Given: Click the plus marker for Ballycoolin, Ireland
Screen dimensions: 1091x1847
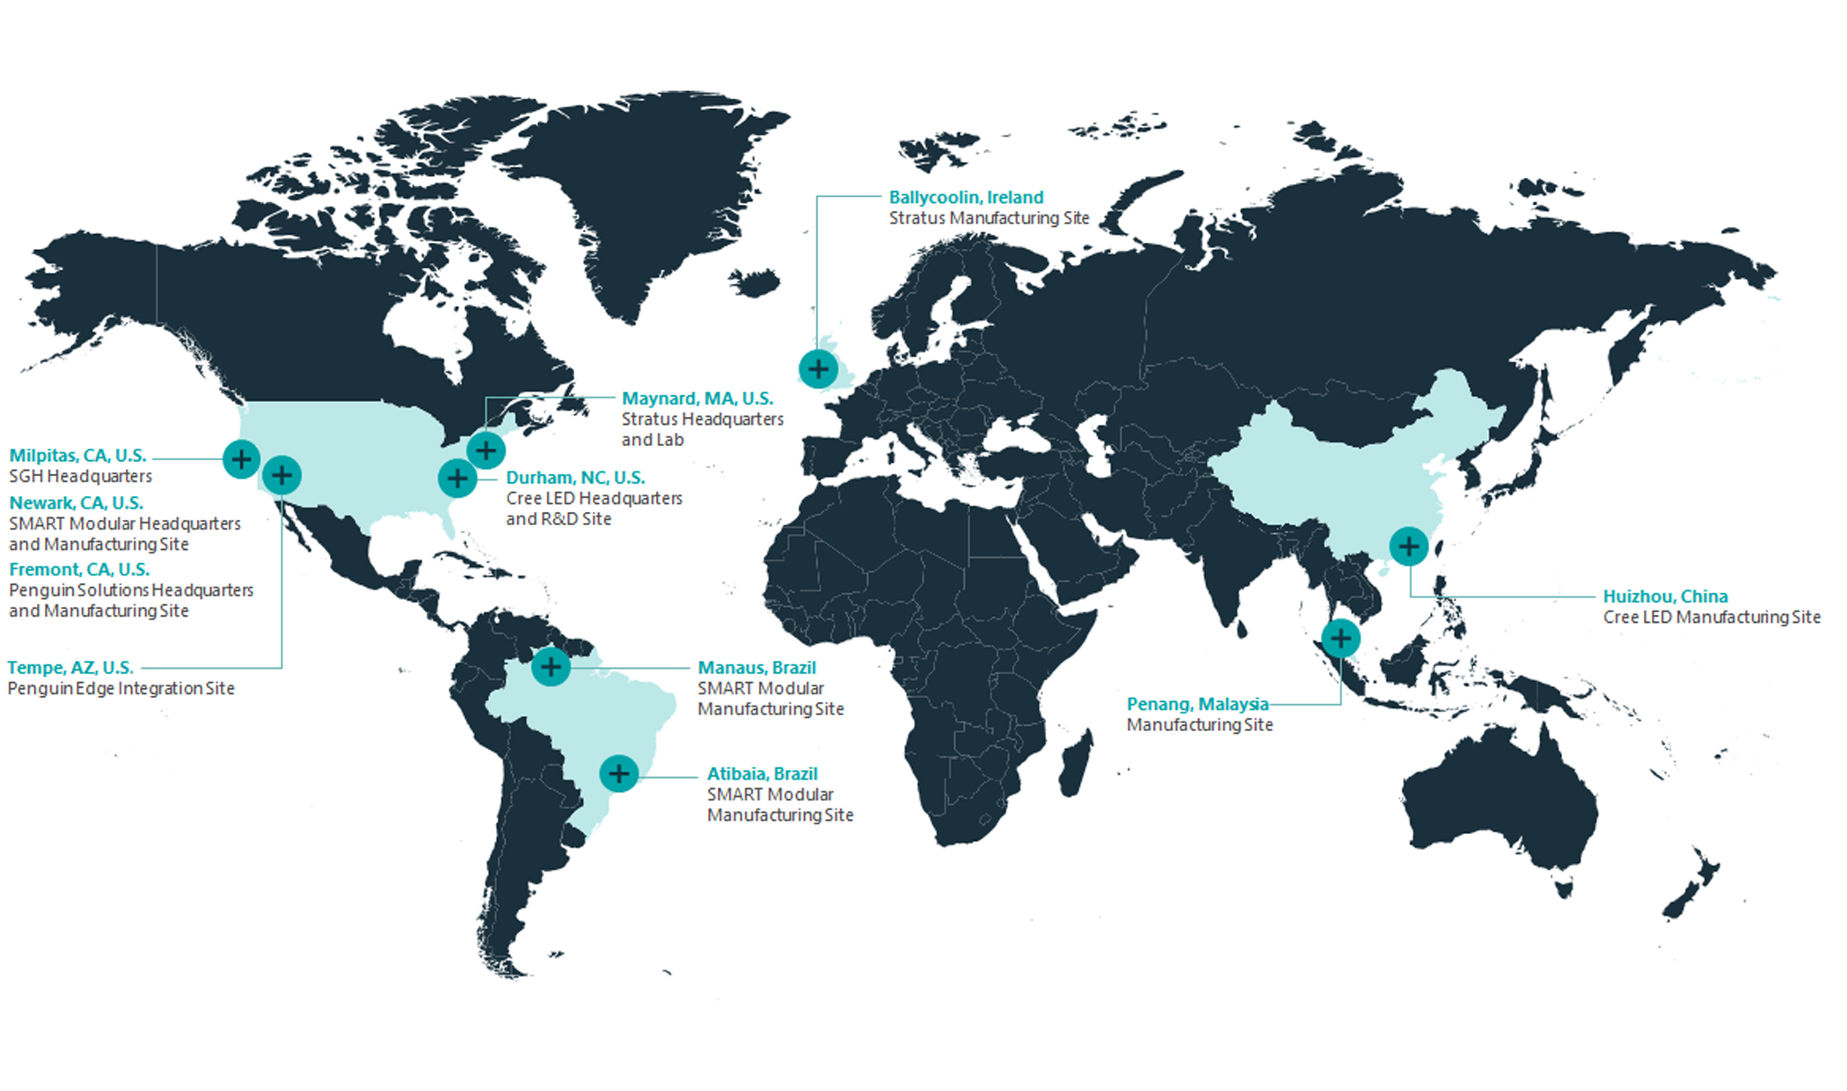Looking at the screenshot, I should (x=818, y=369).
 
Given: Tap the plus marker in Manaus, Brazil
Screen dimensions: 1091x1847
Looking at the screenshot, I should (x=551, y=667).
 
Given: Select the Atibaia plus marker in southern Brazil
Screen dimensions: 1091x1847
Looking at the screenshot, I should (x=619, y=773).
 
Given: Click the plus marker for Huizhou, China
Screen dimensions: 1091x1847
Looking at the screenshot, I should (x=1408, y=546).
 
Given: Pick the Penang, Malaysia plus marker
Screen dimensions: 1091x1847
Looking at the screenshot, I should (x=1340, y=638).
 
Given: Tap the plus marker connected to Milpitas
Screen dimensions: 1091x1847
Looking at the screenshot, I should (x=241, y=458).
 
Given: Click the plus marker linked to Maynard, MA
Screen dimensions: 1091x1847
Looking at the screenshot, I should (x=485, y=450).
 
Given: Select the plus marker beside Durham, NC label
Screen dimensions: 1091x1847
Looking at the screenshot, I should (x=457, y=479).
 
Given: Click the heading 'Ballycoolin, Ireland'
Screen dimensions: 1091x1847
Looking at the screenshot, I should (x=966, y=197).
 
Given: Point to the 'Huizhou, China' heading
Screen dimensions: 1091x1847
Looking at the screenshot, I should (x=1665, y=597).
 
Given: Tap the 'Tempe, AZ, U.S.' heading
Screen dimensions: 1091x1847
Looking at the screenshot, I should (x=70, y=668).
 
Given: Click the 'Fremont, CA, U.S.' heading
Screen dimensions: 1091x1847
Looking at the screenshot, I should (x=79, y=569).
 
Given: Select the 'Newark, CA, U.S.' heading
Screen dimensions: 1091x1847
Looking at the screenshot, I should (x=76, y=503).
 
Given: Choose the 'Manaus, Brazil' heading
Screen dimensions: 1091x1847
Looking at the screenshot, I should (x=756, y=668).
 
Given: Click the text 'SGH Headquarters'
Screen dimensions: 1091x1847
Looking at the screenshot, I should (x=80, y=477).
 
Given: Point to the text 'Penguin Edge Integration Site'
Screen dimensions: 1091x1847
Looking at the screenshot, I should (x=120, y=689).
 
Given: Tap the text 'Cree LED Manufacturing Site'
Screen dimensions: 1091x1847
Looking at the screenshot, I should (x=1711, y=618).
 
